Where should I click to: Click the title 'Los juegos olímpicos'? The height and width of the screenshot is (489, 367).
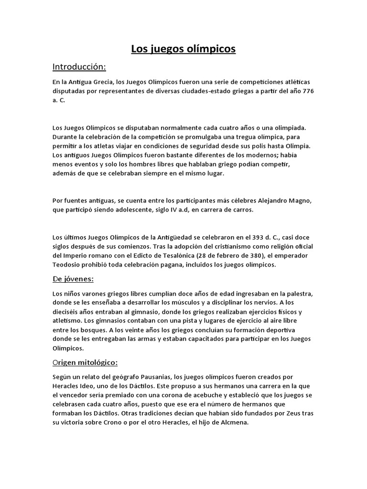pyautogui.click(x=183, y=49)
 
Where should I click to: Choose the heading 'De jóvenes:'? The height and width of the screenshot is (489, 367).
pyautogui.click(x=73, y=278)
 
